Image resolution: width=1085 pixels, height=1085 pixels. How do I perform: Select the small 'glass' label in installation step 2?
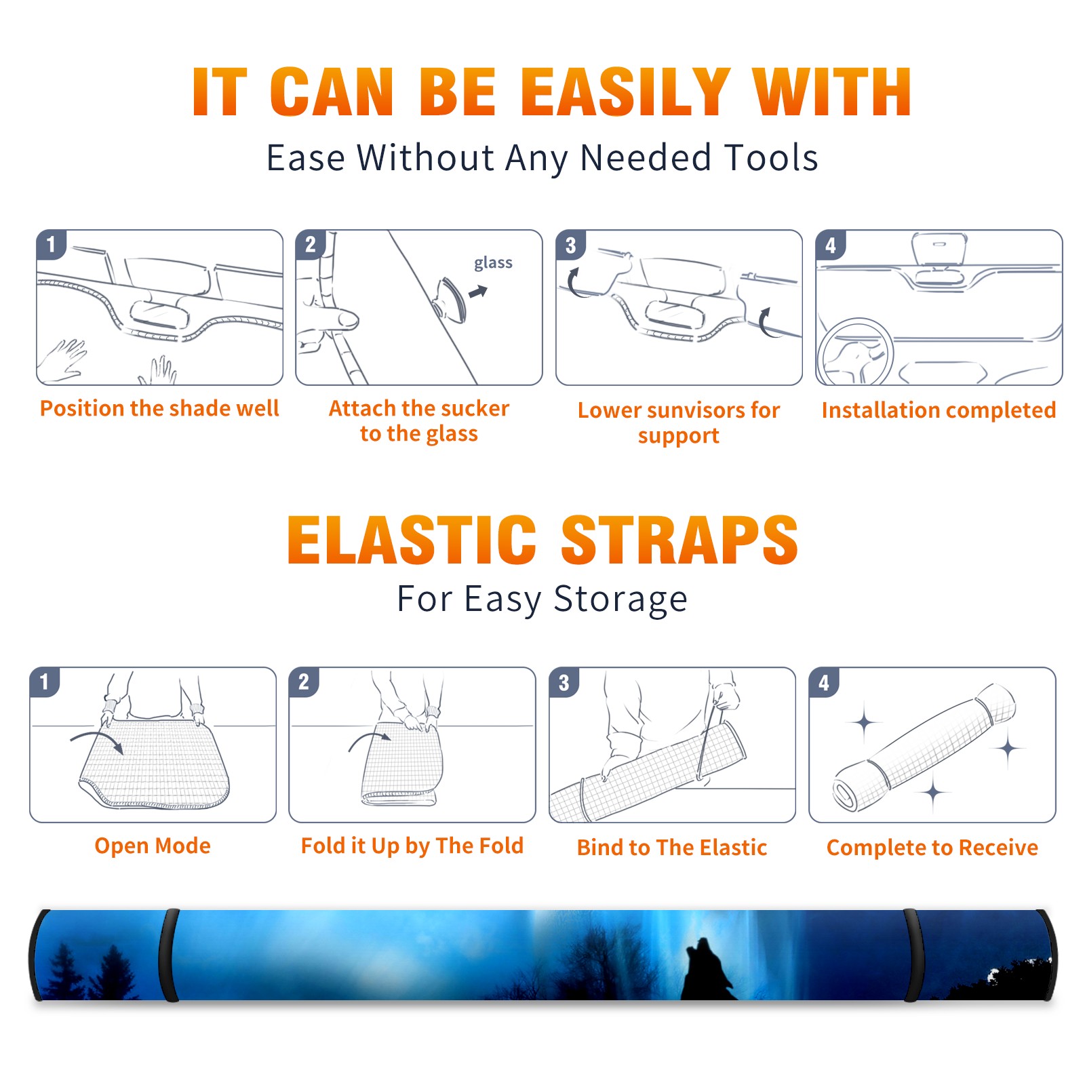click(x=493, y=262)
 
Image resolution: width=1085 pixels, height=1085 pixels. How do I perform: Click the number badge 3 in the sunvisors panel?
click(x=570, y=245)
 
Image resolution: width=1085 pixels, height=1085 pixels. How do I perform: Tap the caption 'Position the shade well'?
click(x=159, y=408)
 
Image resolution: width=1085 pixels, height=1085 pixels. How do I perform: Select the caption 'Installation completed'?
click(x=939, y=410)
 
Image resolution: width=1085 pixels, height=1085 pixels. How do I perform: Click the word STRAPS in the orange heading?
click(x=679, y=540)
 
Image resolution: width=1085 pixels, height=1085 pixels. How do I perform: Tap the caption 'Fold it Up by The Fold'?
click(x=412, y=846)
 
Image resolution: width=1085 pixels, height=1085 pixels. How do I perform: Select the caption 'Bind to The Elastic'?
click(x=672, y=848)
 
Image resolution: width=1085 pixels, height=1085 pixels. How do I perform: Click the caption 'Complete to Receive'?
click(x=932, y=848)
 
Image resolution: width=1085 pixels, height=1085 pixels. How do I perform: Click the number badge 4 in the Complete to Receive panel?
click(x=824, y=682)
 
